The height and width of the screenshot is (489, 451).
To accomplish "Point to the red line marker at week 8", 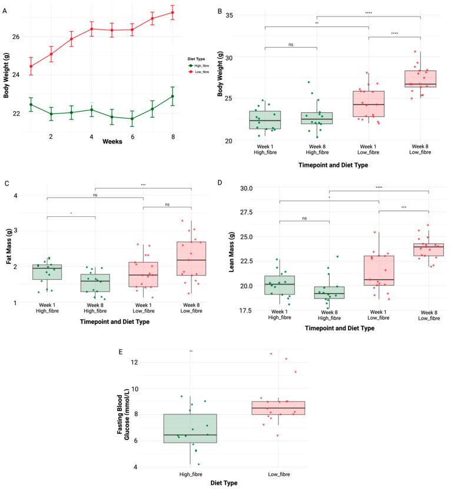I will coord(173,12).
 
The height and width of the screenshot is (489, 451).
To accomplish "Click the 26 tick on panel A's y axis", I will coord(15,36).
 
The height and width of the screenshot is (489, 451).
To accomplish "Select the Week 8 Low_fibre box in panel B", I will coord(420,79).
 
